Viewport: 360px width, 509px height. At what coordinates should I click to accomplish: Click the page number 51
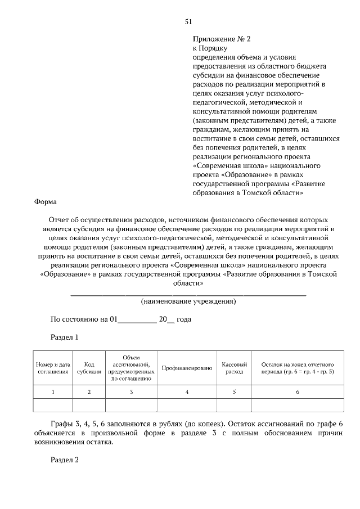coord(189,22)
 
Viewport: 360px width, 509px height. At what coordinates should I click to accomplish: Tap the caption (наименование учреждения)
coord(188,301)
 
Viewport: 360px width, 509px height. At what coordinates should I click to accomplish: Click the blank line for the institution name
coord(188,294)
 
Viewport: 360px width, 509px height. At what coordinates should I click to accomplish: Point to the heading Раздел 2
coord(65,460)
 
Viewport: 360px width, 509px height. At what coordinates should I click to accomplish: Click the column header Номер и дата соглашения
coord(53,368)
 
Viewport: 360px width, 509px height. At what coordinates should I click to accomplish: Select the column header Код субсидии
coord(89,368)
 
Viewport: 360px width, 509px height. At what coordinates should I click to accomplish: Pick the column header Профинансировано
coord(187,368)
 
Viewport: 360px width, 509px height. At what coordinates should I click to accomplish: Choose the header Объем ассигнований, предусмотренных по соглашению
coord(131,368)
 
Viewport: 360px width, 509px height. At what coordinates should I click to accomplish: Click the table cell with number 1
coord(53,392)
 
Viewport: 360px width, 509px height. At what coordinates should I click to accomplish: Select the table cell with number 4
coord(187,392)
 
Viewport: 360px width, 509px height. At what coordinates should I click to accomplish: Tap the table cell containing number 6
coord(298,392)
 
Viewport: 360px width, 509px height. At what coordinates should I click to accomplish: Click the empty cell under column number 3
coord(131,406)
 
